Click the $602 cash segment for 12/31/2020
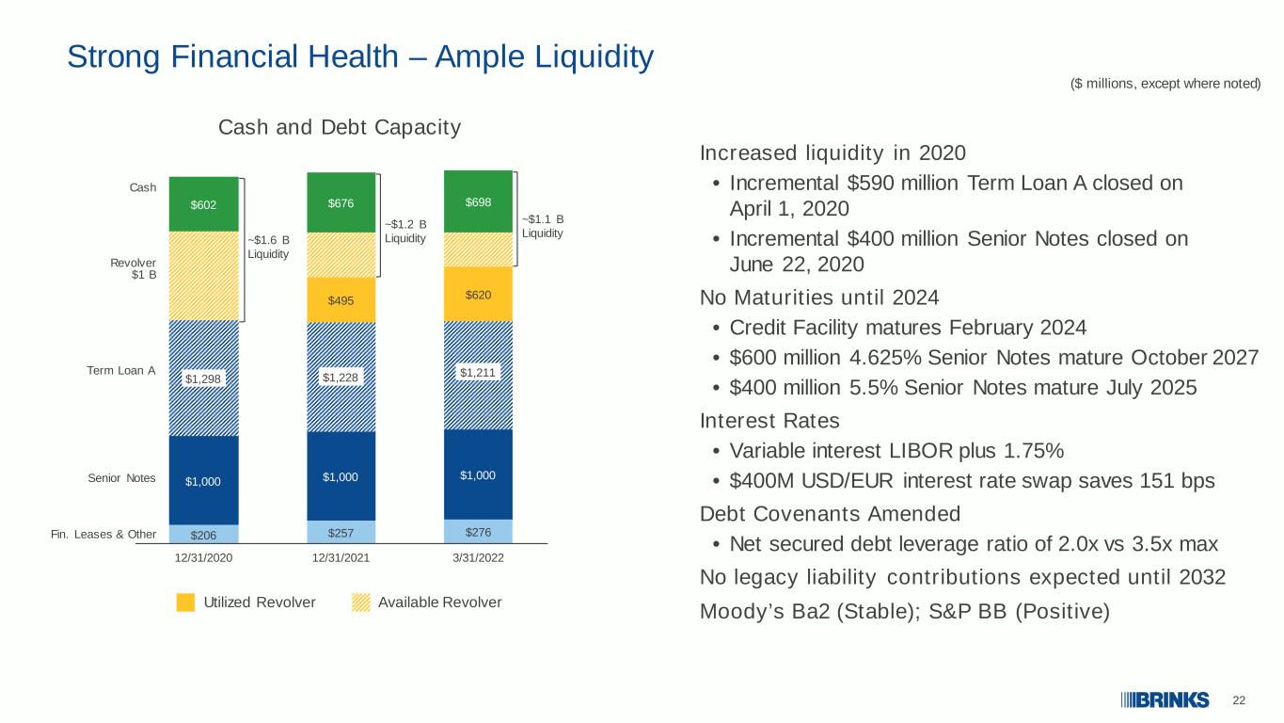click(x=203, y=204)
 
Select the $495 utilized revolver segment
click(x=341, y=300)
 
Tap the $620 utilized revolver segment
click(x=478, y=294)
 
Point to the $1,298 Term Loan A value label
click(x=203, y=378)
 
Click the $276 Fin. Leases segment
click(x=478, y=532)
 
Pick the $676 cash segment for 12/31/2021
click(x=341, y=202)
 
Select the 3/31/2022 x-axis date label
click(x=478, y=557)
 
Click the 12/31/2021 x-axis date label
click(x=341, y=557)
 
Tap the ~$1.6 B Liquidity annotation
click(x=268, y=247)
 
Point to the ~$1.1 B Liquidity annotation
click(x=543, y=226)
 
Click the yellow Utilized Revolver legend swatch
click(x=185, y=602)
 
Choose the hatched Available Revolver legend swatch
click(x=360, y=602)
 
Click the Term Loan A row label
click(x=121, y=371)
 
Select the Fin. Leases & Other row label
click(x=103, y=534)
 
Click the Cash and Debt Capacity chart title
click(x=340, y=127)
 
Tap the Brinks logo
click(x=1165, y=700)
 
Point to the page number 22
click(x=1239, y=700)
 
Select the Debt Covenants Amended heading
click(x=830, y=514)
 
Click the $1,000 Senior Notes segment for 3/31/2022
click(x=478, y=475)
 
